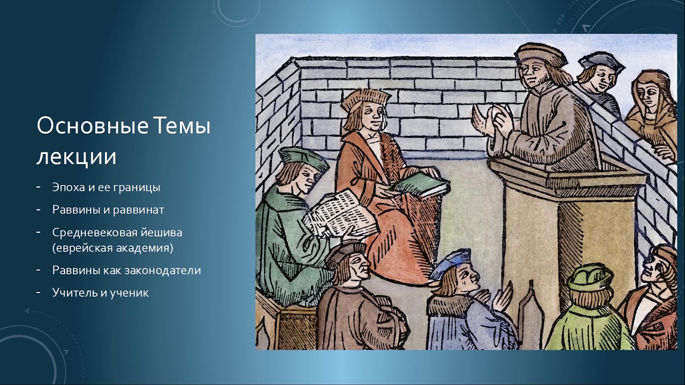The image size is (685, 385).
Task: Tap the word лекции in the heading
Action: point(77,157)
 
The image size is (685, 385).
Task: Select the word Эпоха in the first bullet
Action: point(69,187)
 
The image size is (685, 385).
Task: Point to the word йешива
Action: point(161,233)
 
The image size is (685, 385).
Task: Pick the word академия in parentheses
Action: point(140,248)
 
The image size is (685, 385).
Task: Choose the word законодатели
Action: point(163,271)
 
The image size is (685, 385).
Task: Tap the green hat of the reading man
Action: point(303,158)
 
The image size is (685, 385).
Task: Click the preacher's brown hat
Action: point(541,55)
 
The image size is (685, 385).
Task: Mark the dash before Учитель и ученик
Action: point(38,292)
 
